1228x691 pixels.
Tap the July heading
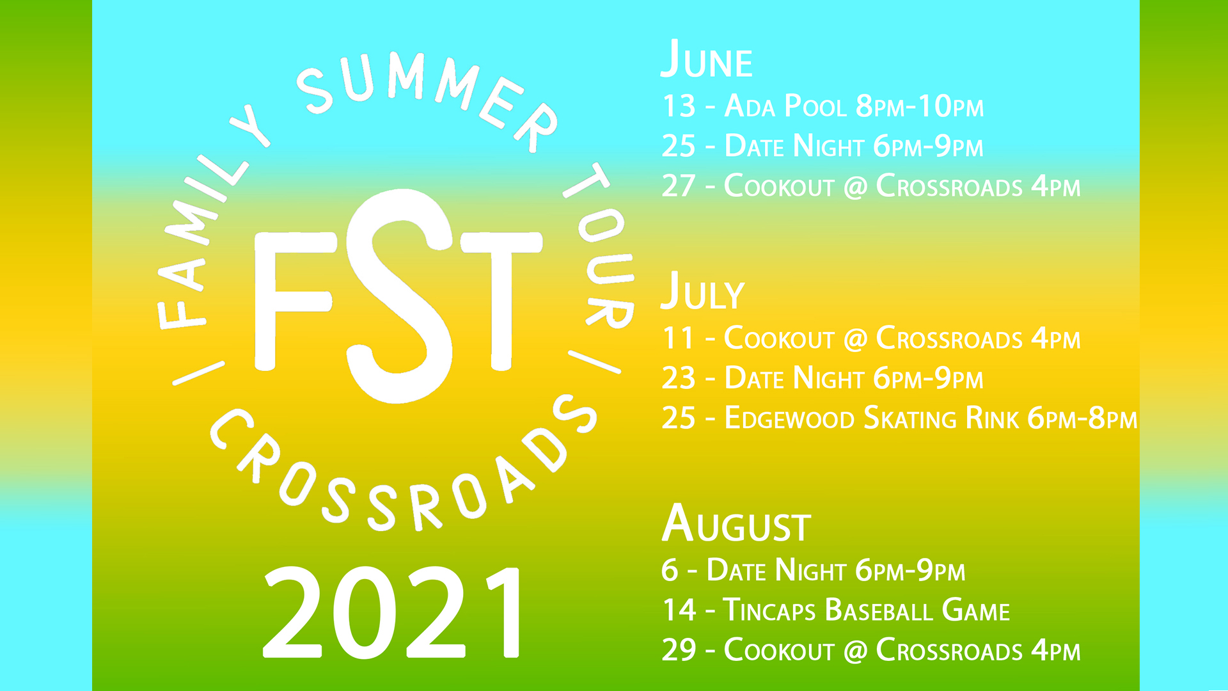(x=702, y=291)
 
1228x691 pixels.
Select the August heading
(x=736, y=523)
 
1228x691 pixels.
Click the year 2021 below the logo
(x=391, y=613)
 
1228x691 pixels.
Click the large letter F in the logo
(x=294, y=301)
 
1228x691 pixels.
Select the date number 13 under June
(x=679, y=106)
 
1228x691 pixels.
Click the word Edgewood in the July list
(x=789, y=418)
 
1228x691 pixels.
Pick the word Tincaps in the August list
(x=769, y=610)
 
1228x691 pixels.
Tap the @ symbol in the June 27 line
(x=855, y=187)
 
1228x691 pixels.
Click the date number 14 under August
(x=679, y=610)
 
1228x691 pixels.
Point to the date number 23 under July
(x=678, y=378)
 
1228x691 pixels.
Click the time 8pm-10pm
(x=920, y=106)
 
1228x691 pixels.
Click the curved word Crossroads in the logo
(x=397, y=473)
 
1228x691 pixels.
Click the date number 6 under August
(x=670, y=570)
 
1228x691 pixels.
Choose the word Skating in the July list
(x=909, y=418)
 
